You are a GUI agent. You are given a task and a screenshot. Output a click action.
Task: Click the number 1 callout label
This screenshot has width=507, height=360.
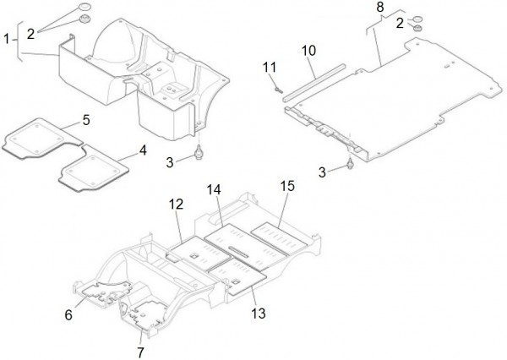(x=8, y=39)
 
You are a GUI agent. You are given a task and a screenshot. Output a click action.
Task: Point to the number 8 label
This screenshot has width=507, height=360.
(x=379, y=8)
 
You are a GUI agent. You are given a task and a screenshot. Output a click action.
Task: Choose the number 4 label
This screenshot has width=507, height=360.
(x=143, y=150)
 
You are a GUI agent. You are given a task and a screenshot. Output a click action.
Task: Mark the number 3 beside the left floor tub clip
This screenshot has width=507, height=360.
(x=170, y=161)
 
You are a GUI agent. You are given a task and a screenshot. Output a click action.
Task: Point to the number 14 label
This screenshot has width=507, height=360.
(x=214, y=189)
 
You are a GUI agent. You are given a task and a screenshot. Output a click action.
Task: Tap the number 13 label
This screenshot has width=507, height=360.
(x=258, y=314)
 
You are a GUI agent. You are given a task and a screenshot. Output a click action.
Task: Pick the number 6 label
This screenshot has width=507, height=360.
(x=68, y=314)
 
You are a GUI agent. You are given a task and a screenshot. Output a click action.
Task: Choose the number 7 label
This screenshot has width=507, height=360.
(x=141, y=351)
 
